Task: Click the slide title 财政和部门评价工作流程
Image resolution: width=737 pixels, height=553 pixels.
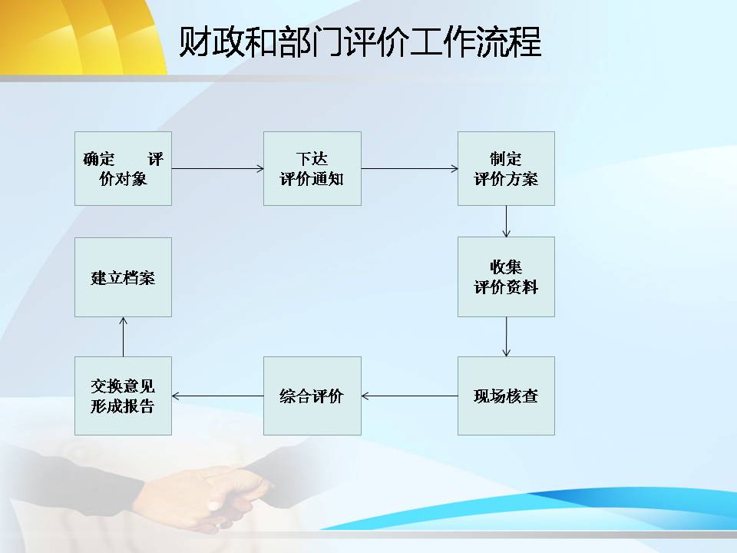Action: pyautogui.click(x=360, y=41)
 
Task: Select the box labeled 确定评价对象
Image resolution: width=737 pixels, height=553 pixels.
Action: pyautogui.click(x=123, y=168)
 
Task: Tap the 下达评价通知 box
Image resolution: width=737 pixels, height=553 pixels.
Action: pyautogui.click(x=312, y=168)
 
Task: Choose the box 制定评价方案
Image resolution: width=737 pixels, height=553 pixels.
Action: pyautogui.click(x=506, y=168)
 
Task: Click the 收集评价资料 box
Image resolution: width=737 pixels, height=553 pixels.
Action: pyautogui.click(x=506, y=277)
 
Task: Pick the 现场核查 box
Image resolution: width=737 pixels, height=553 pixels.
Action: pyautogui.click(x=506, y=396)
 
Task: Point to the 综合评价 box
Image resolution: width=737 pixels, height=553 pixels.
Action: pyautogui.click(x=312, y=396)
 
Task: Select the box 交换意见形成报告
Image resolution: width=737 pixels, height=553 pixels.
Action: pyautogui.click(x=123, y=396)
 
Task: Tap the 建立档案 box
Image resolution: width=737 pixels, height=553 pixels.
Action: pyautogui.click(x=123, y=277)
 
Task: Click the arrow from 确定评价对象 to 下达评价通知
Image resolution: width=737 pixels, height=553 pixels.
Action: pyautogui.click(x=217, y=168)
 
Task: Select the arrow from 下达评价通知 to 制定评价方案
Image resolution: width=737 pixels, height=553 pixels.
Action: pyautogui.click(x=409, y=168)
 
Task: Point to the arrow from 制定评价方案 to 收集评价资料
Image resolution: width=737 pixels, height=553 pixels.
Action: pyautogui.click(x=506, y=221)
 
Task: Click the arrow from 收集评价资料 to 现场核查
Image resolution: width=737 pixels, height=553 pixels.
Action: pyautogui.click(x=506, y=336)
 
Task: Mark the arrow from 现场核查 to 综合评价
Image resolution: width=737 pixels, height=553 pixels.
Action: pyautogui.click(x=409, y=396)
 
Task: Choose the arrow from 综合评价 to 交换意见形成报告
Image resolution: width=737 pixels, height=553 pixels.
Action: pyautogui.click(x=217, y=396)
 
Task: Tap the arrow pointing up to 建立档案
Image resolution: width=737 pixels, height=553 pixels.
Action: pyautogui.click(x=123, y=336)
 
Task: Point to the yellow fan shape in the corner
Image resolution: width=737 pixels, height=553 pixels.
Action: pyautogui.click(x=80, y=35)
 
